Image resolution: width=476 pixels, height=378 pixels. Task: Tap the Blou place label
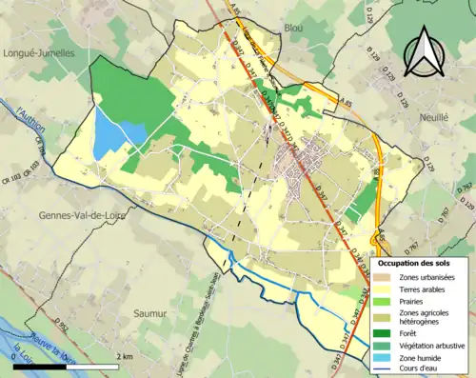tap(292, 29)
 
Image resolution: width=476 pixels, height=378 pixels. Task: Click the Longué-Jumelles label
tap(38, 53)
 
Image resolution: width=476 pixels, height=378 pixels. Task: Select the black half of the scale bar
tap(39, 366)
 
